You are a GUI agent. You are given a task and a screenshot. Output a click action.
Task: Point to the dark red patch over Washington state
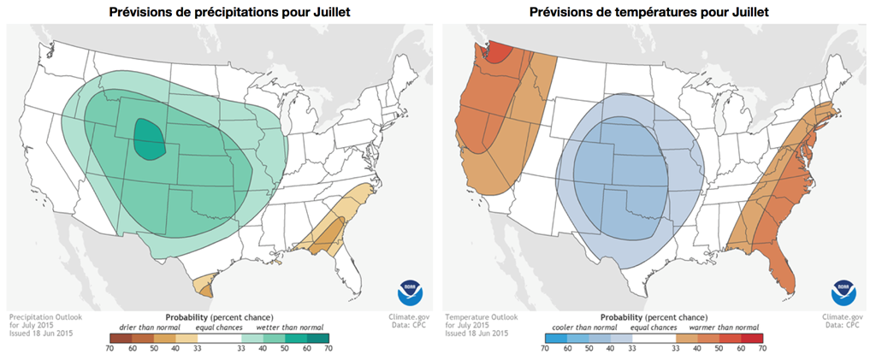(x=498, y=55)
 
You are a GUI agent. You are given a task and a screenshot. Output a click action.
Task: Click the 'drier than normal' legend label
(x=142, y=327)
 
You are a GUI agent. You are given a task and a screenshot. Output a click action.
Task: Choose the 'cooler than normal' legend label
(x=579, y=327)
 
